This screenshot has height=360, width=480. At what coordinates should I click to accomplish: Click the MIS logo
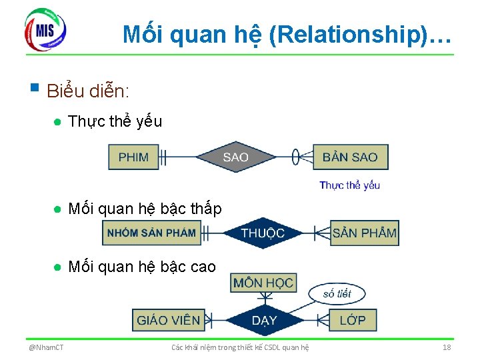tap(45, 29)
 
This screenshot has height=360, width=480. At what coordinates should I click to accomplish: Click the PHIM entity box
tap(133, 157)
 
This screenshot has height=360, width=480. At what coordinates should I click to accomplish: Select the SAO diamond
tap(235, 157)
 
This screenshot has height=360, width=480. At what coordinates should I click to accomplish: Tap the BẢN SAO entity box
tap(350, 157)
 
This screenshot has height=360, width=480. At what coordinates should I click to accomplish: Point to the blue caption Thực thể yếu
tap(349, 185)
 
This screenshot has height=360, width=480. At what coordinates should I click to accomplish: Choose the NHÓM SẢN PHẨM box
tap(151, 233)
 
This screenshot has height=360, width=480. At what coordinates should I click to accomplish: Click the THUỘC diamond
tap(263, 233)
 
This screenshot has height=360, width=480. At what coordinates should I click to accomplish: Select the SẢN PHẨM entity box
tap(364, 233)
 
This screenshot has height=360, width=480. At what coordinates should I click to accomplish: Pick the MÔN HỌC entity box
tap(263, 283)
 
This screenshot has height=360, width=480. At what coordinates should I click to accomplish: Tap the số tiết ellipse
tap(337, 293)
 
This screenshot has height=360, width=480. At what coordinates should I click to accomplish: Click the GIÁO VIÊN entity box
tap(168, 320)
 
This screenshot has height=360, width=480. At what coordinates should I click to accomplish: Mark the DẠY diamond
tap(264, 321)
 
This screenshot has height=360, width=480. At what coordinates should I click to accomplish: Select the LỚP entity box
tap(353, 320)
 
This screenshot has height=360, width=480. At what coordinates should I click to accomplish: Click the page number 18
tap(447, 347)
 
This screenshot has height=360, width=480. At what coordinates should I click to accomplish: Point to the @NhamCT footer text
tap(46, 347)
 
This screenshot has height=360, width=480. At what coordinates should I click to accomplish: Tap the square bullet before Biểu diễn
tap(35, 87)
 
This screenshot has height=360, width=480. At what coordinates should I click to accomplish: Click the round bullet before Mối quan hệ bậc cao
tap(59, 267)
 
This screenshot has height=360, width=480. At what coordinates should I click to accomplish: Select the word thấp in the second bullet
tap(205, 209)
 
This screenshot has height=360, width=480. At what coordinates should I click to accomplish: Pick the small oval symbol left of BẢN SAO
tap(295, 157)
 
